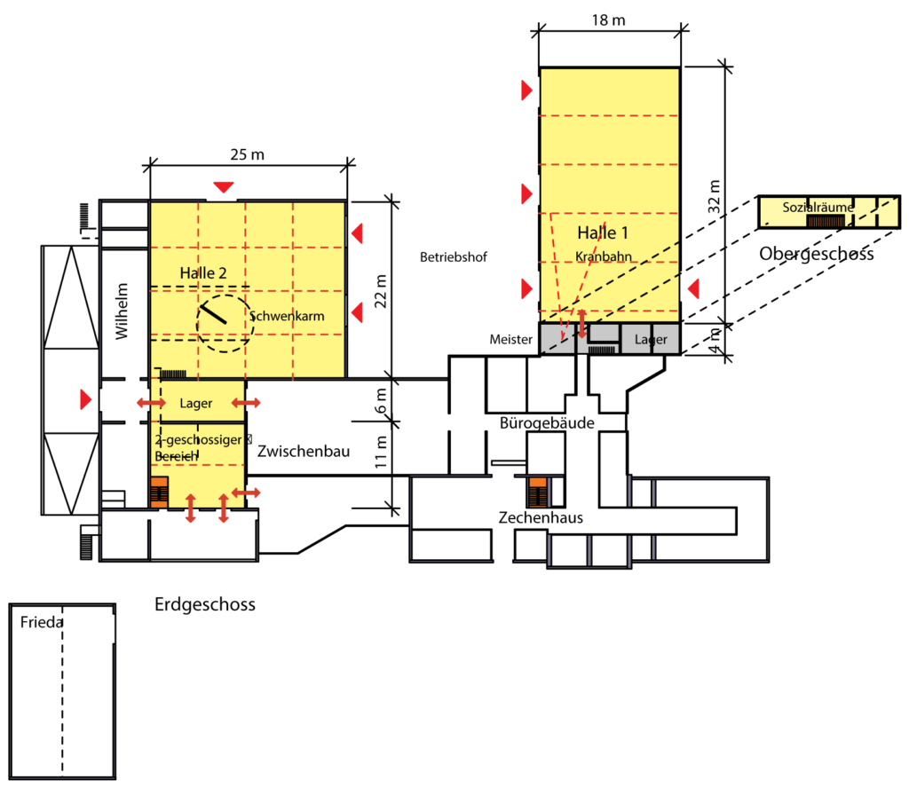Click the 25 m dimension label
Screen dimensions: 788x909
coord(248,154)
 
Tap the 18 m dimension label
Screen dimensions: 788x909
coord(609,19)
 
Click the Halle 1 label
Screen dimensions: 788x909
coord(603,233)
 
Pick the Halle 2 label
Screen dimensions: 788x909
coord(202,272)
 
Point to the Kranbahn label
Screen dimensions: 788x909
coord(603,256)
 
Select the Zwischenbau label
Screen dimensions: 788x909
coord(304,452)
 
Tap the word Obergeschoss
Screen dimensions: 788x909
coord(816,255)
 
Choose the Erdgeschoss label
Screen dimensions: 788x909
coord(205,605)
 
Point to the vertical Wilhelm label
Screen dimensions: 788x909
coord(122,311)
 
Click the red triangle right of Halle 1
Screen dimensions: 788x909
coord(695,287)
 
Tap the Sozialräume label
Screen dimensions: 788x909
coord(818,208)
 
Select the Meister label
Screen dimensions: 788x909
coord(510,340)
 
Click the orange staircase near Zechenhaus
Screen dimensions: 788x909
coord(537,489)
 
